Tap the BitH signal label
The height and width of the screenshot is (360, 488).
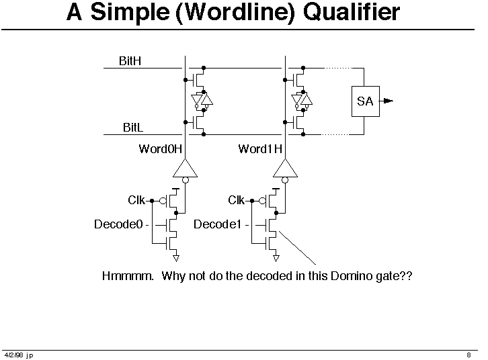pyautogui.click(x=130, y=61)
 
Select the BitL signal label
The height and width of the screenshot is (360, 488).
pyautogui.click(x=133, y=128)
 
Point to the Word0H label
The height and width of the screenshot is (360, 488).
pyautogui.click(x=160, y=149)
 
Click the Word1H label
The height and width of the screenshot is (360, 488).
pyautogui.click(x=260, y=149)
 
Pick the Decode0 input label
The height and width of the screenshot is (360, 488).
pyautogui.click(x=118, y=224)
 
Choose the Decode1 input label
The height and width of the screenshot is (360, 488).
pyautogui.click(x=218, y=224)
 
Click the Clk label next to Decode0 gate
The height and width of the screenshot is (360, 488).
pyautogui.click(x=136, y=200)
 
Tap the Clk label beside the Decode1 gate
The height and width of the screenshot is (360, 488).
pyautogui.click(x=236, y=200)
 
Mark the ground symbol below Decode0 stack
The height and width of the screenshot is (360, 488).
pyautogui.click(x=176, y=258)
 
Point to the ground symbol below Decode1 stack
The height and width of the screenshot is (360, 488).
pyautogui.click(x=276, y=258)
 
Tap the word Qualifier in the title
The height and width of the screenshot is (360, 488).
pyautogui.click(x=352, y=12)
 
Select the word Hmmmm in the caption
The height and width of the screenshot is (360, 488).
pyautogui.click(x=128, y=276)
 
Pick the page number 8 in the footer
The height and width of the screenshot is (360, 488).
pyautogui.click(x=469, y=355)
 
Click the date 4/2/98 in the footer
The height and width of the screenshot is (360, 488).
pyautogui.click(x=13, y=355)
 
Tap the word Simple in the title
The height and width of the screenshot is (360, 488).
pyautogui.click(x=130, y=13)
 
